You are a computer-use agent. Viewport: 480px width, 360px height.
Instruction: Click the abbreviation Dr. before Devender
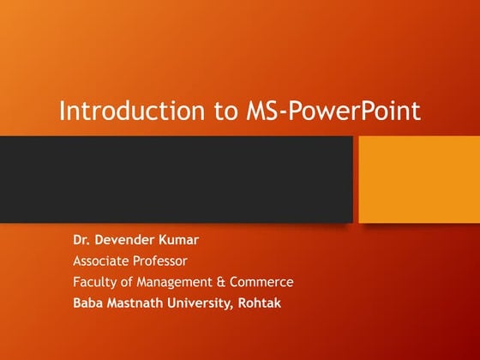[x=82, y=240]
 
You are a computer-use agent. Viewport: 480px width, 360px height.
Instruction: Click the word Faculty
[x=94, y=281]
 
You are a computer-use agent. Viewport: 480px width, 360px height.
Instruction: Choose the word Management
[x=177, y=281]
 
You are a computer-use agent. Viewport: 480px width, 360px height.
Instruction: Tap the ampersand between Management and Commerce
[x=226, y=281]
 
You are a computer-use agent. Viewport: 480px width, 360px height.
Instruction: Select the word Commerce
[x=263, y=281]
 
